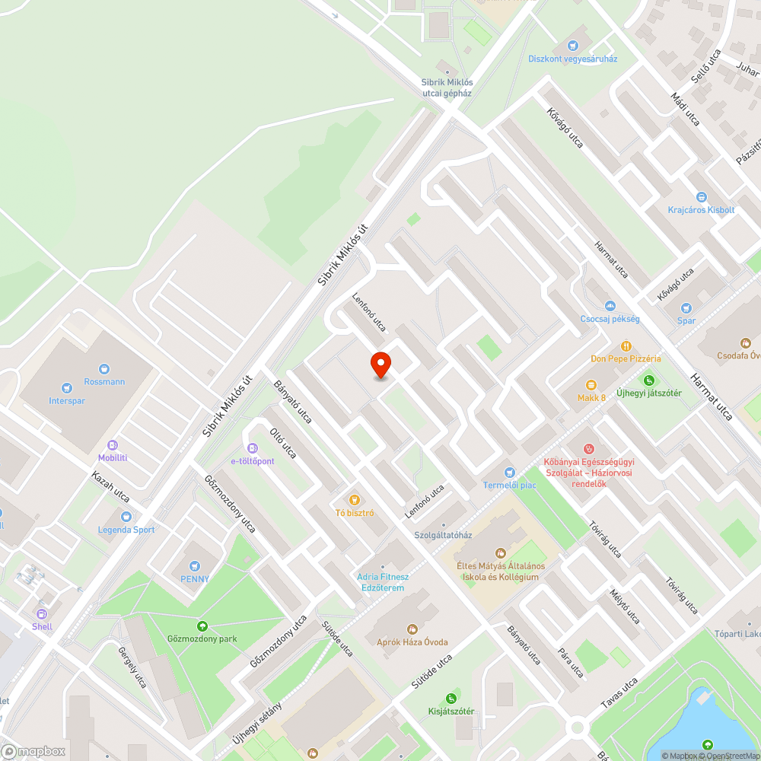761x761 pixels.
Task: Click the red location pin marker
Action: coord(380,365)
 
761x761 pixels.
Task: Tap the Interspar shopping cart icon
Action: coord(66,388)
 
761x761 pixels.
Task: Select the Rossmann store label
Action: coord(104,382)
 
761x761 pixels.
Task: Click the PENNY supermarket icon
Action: coord(194,565)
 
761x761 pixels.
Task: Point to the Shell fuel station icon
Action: coord(42,613)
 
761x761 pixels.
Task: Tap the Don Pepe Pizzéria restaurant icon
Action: coord(626,345)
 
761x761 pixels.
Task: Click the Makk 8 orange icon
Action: coord(591,386)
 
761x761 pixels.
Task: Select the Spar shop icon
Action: coord(686,308)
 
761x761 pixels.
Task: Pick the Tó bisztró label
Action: coord(355,512)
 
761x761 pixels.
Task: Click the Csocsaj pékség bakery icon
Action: coord(610,306)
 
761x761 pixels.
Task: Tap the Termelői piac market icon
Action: coord(509,473)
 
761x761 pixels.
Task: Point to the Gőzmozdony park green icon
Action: coord(202,626)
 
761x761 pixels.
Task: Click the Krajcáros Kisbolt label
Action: coord(701,210)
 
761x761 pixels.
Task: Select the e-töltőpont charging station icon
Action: coord(253,448)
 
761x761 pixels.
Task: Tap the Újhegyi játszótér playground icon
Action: coord(648,380)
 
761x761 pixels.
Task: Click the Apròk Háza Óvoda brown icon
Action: coord(412,629)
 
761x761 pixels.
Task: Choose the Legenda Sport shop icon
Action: coord(126,517)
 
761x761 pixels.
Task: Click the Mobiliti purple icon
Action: coord(113,445)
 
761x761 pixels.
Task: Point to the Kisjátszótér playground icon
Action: coord(451,699)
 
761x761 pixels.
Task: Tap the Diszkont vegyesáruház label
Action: coord(572,59)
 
